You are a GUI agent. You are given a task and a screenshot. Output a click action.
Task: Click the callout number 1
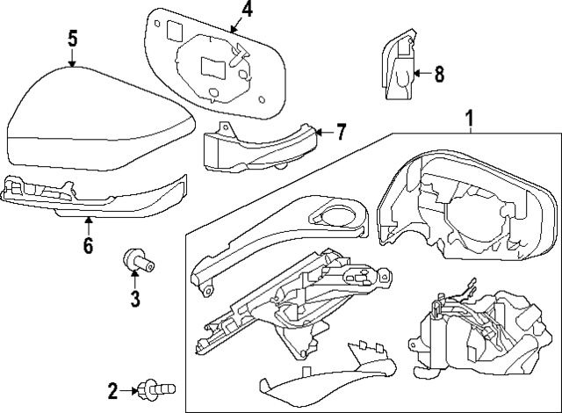(470, 118)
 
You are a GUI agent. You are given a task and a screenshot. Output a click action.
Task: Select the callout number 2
(113, 390)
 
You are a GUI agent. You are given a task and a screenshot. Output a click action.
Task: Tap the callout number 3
(135, 299)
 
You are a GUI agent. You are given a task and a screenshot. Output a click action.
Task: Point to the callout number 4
(247, 11)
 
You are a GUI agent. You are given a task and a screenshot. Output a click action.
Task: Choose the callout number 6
(88, 245)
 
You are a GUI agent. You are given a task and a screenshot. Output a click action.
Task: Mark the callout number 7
(341, 133)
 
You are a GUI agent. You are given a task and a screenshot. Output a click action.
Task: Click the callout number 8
(439, 75)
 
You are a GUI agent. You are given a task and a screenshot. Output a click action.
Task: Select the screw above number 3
(133, 259)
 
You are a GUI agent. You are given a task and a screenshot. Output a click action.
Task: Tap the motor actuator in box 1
(474, 330)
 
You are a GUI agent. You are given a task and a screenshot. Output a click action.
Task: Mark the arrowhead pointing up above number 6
(88, 220)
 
